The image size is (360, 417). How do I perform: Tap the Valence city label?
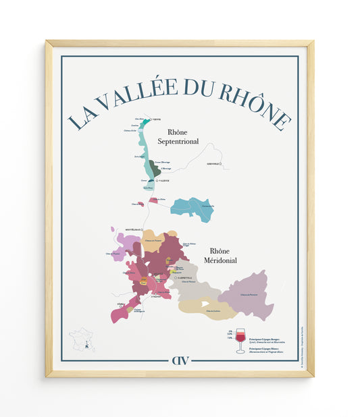pos(163,181)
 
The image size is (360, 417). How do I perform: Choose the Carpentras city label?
pos(184,278)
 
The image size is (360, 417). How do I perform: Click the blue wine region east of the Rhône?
pos(192,206)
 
